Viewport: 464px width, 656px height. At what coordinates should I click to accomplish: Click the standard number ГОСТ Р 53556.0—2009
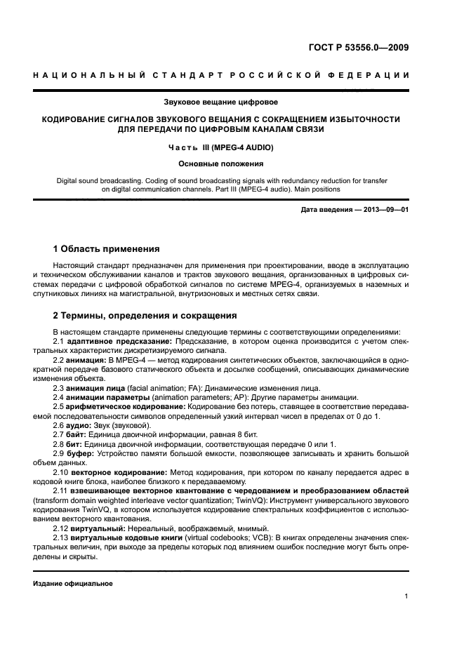coord(359,48)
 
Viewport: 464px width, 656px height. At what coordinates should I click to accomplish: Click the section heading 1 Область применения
coord(106,249)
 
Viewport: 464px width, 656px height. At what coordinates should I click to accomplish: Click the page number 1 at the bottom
coord(406,596)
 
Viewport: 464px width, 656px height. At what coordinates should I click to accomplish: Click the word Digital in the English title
coord(70,180)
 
